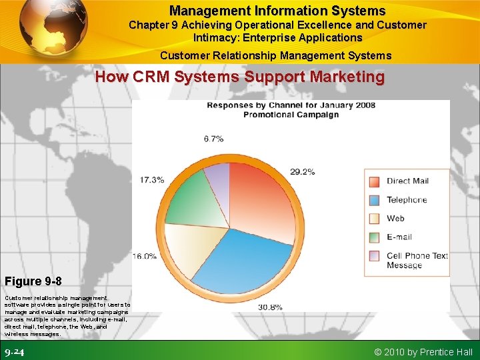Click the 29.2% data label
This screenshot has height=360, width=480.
point(303,171)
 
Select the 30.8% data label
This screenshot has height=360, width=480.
point(270,307)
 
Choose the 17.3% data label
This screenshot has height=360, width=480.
point(152,180)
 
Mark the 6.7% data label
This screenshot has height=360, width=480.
point(213,139)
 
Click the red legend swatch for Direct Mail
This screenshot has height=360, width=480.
point(374,181)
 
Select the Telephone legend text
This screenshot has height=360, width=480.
point(407,200)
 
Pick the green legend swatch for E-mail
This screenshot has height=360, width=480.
point(374,237)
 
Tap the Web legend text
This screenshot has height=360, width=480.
point(395,218)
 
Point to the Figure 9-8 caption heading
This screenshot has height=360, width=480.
point(33,281)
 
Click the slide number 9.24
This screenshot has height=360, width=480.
point(15,352)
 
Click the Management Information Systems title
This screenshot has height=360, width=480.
point(277,11)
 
